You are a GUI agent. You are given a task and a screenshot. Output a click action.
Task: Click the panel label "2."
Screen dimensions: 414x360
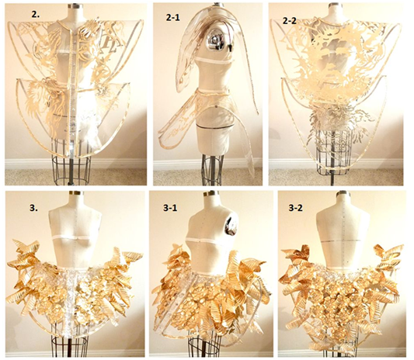pos(36,15)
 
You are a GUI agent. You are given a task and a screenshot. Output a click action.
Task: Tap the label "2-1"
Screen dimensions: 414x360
pos(173,19)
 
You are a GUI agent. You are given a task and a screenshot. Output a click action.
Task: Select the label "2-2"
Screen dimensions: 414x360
pos(290,21)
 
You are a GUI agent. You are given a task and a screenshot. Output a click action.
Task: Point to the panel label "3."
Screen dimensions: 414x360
pos(34,208)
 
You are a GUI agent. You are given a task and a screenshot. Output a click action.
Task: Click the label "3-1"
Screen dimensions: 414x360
pos(170,208)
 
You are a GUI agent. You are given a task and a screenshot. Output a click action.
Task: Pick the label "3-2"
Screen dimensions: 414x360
pos(295,208)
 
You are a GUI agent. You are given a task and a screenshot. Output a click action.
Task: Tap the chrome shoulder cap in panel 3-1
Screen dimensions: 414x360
pos(231,226)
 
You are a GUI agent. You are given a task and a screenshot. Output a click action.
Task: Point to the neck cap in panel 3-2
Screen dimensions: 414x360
pos(343,194)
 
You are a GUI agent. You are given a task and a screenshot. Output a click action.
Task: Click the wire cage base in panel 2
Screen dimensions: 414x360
pos(70,169)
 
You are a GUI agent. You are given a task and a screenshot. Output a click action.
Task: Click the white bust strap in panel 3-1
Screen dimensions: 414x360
pos(200,241)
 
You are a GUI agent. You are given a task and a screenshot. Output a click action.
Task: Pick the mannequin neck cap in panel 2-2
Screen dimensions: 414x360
pos(334,5)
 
